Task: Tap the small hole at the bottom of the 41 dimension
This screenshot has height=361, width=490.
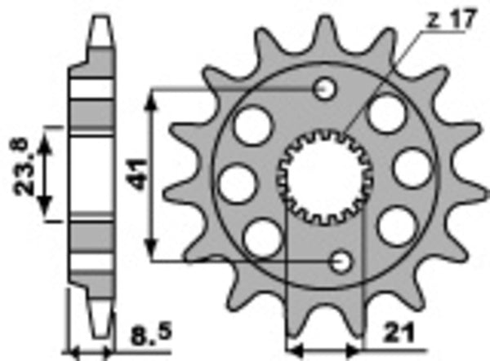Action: click(341, 260)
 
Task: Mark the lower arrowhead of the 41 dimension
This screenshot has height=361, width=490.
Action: click(152, 252)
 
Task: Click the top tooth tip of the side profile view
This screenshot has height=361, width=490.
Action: click(97, 19)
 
